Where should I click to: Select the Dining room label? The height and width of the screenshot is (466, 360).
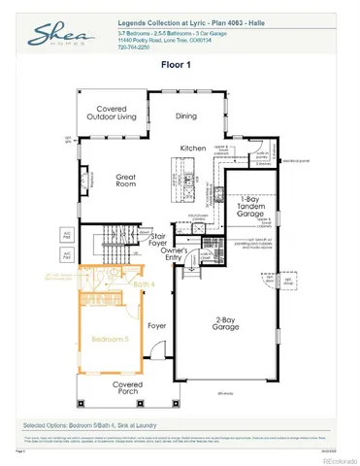[x=185, y=116]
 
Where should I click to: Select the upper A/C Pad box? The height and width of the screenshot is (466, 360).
[x=67, y=235]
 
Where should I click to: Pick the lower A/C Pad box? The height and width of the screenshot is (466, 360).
[x=67, y=254]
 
